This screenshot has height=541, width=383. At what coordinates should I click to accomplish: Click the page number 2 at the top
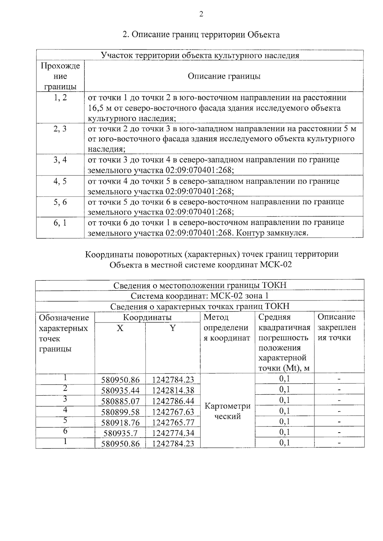point(201,14)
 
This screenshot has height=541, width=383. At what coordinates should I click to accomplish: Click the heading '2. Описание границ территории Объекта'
point(201,34)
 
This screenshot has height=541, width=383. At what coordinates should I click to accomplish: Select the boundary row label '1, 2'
point(60,98)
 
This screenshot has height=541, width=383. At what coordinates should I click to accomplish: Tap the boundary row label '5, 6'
point(60,202)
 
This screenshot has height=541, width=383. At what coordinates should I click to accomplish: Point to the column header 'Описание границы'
point(224,76)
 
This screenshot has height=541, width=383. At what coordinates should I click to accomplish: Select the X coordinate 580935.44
point(120,390)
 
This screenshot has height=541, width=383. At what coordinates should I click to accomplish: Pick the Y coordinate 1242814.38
point(173,390)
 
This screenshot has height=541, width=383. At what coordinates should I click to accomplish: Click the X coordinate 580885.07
point(120,401)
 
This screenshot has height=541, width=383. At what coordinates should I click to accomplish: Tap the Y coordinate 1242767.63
point(173,412)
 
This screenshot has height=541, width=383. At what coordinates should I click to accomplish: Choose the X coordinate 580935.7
point(120,433)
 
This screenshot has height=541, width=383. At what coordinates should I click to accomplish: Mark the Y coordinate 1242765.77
point(173,423)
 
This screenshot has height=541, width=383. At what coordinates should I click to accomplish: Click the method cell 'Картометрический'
point(227,411)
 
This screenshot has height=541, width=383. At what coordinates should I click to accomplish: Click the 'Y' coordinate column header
point(173,328)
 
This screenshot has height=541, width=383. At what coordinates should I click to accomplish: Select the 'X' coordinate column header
point(120,328)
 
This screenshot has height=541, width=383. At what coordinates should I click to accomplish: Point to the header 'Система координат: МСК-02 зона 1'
point(199,296)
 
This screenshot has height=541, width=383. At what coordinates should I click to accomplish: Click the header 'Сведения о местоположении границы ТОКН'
point(200,285)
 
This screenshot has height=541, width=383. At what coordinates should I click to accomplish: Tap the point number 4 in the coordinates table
point(65,410)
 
